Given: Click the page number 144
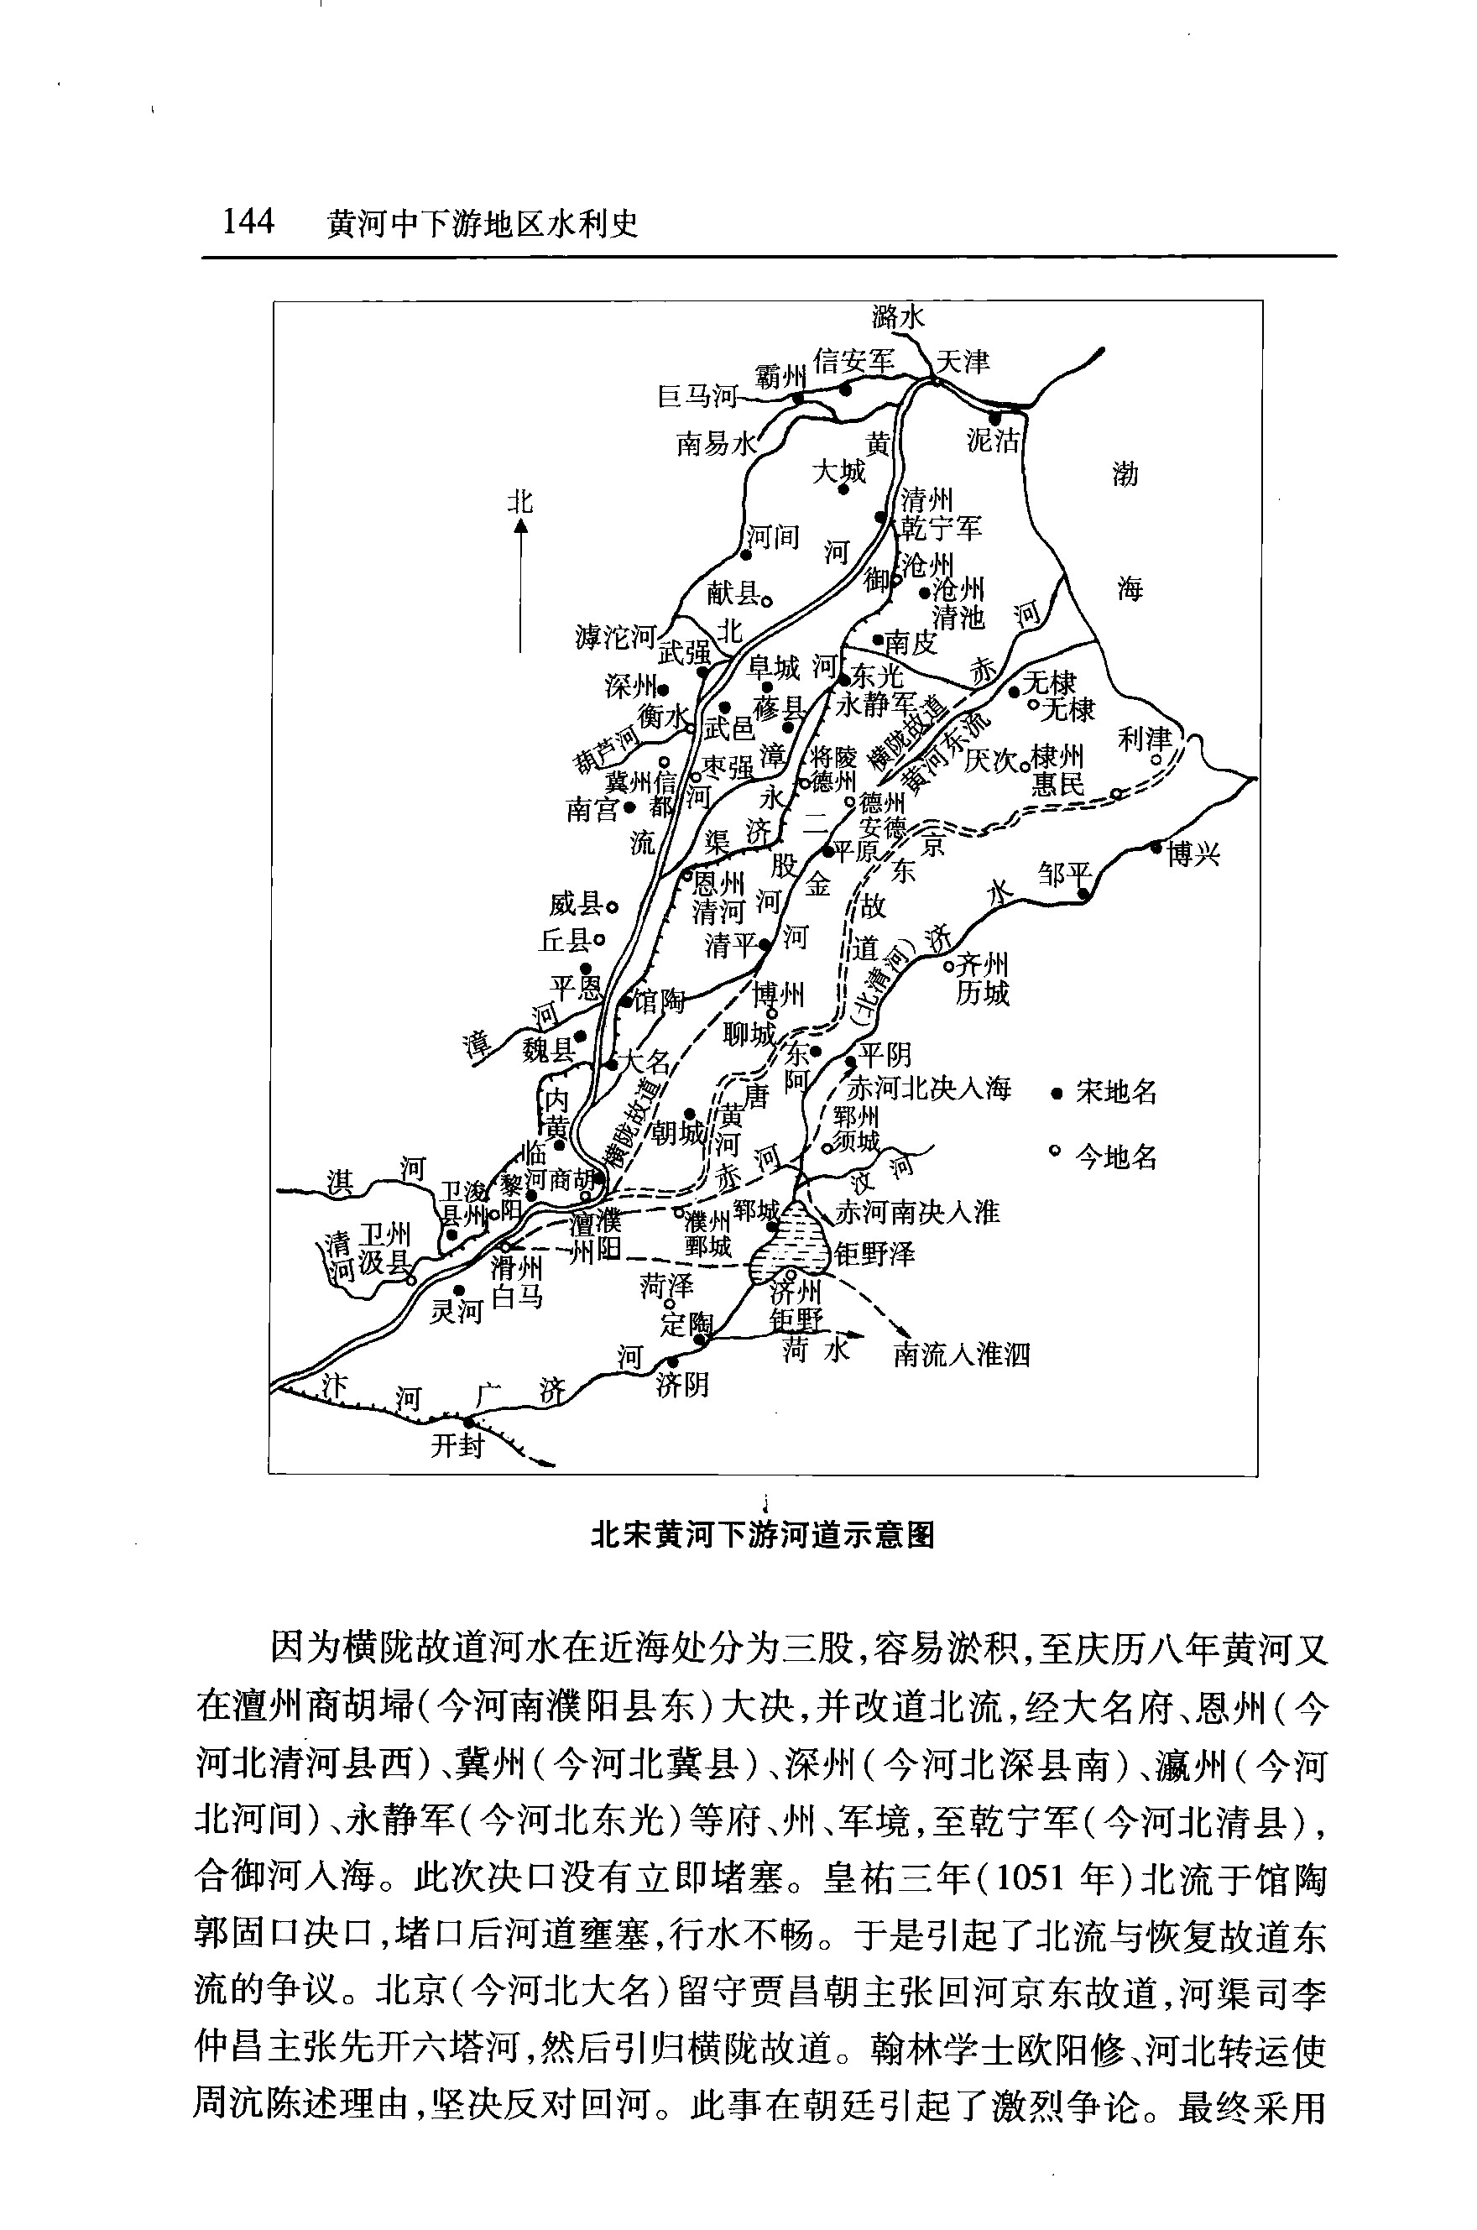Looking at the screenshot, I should click(248, 222).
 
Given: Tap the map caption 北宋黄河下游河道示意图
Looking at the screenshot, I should click(762, 1536).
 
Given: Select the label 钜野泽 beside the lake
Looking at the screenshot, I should click(874, 1254).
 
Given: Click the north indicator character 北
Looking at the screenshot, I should click(520, 501).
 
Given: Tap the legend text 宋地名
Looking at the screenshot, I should click(1116, 1093).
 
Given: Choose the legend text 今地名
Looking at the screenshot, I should click(1116, 1157).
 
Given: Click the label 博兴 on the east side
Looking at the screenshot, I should click(1193, 854).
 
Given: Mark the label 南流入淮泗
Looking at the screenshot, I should click(962, 1355).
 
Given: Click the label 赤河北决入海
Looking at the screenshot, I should click(930, 1089).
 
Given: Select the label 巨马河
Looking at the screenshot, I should click(696, 397).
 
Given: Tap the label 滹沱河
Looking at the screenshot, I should click(615, 638).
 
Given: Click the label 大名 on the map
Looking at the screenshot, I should click(646, 1062).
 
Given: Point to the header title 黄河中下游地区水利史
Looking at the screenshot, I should click(483, 223).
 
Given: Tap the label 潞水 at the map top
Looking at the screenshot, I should click(899, 316).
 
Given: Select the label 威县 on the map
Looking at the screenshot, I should click(577, 906).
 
